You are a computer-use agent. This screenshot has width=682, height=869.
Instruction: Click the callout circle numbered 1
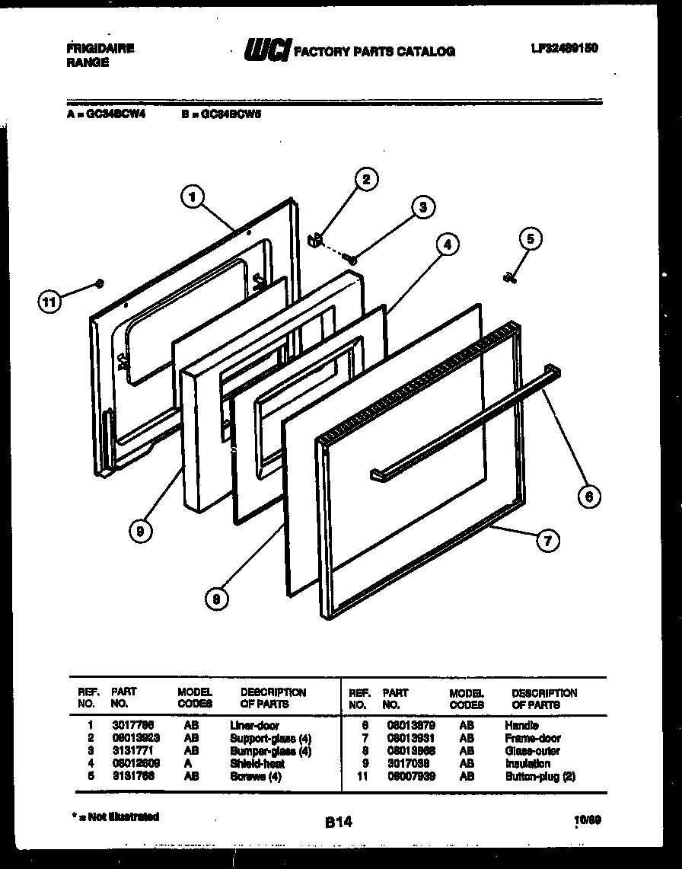(x=193, y=196)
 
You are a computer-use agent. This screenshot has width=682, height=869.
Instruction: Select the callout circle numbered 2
(x=365, y=180)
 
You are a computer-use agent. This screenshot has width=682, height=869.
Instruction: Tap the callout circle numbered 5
(x=530, y=239)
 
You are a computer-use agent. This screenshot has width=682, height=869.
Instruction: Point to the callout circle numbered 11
(x=49, y=302)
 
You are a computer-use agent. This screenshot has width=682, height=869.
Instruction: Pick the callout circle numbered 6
(x=588, y=497)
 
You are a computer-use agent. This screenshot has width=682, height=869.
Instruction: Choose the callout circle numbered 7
(x=546, y=541)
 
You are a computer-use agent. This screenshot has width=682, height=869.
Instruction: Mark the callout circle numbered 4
(x=448, y=244)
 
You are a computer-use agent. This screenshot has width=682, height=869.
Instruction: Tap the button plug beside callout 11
(x=99, y=283)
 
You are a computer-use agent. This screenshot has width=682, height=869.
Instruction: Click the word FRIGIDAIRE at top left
(x=100, y=48)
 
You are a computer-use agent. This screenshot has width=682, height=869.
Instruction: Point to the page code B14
(x=339, y=822)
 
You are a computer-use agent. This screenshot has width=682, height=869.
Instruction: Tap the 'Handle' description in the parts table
(x=521, y=726)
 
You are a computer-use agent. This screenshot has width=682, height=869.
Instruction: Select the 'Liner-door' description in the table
(x=254, y=726)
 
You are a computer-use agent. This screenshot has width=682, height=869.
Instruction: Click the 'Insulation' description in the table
(x=527, y=763)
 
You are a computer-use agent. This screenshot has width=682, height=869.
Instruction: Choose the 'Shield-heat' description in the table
(x=257, y=763)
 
